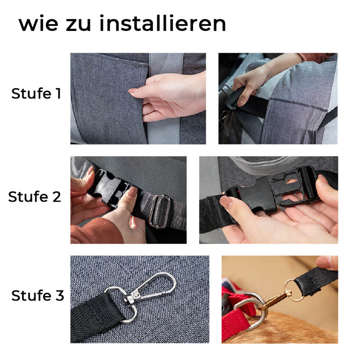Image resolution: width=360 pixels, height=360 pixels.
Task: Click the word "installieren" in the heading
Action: (162, 24)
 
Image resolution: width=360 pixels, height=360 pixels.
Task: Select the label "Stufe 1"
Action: (36, 93)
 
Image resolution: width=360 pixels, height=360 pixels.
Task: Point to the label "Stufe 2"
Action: (34, 197)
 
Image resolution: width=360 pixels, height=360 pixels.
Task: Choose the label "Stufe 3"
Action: (37, 296)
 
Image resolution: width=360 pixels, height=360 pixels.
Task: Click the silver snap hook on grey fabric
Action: (150, 289)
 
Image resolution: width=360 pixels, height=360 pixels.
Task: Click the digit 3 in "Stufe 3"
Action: (59, 296)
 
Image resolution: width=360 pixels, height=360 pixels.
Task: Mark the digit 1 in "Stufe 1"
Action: (58, 93)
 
